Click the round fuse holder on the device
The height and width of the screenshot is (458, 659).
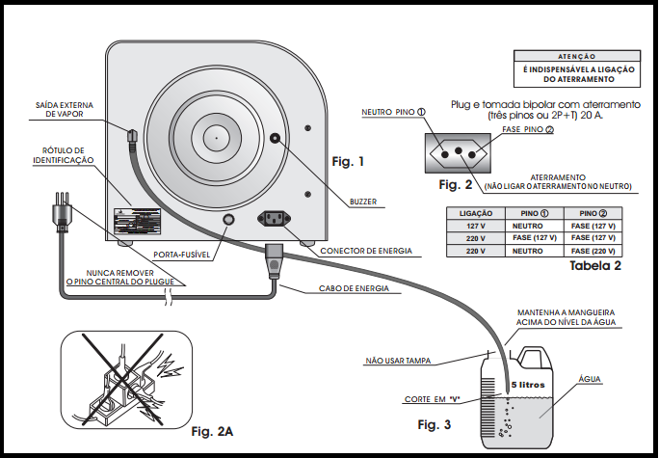point(229,220)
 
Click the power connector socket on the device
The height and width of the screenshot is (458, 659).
point(277,218)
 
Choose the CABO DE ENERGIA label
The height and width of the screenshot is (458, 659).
point(356,288)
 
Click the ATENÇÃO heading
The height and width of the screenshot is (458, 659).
point(577,58)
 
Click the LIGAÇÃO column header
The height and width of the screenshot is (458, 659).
point(476,212)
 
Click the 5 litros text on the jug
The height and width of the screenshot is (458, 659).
point(528,383)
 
